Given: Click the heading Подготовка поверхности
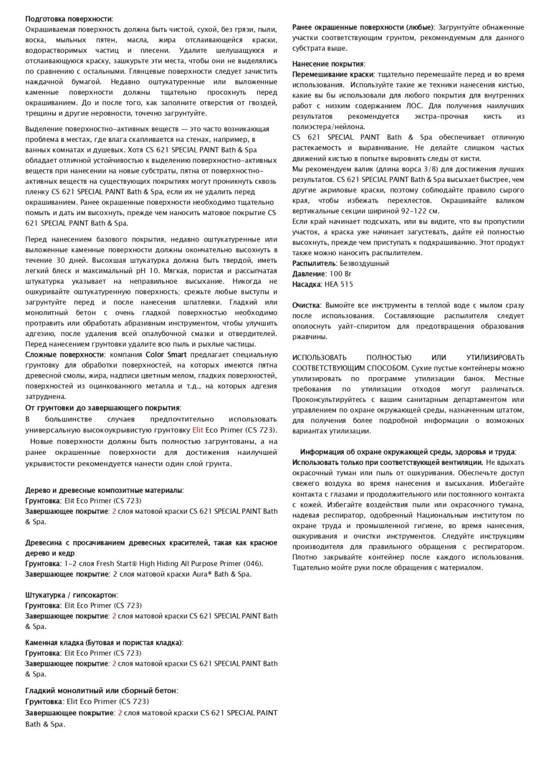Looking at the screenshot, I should click(x=69, y=19).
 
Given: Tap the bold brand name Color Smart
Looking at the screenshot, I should click(x=166, y=355).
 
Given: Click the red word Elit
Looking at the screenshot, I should click(x=198, y=430).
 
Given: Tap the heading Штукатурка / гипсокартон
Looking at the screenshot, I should click(x=71, y=595).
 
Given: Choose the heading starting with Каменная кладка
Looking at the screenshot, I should click(x=104, y=643).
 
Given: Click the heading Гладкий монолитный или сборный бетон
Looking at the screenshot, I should click(x=101, y=691).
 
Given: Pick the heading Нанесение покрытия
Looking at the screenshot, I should click(x=329, y=64).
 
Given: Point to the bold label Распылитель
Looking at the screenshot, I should click(x=313, y=263).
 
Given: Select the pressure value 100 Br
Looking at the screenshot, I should click(x=340, y=274).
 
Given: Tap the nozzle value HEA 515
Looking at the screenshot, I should click(x=339, y=284).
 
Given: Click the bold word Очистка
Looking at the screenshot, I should click(x=306, y=305).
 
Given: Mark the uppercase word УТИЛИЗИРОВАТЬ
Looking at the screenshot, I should click(x=495, y=358).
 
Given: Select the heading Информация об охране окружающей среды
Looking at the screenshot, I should click(x=408, y=452).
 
